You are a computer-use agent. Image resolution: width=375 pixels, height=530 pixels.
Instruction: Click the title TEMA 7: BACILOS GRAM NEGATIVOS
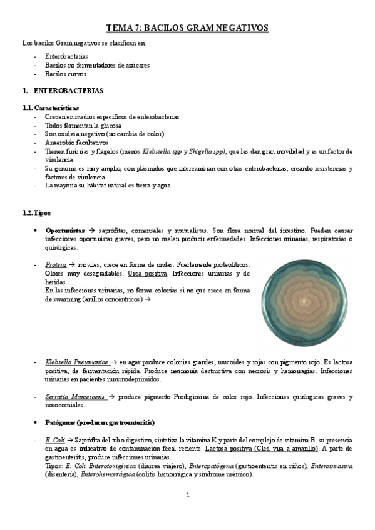187,28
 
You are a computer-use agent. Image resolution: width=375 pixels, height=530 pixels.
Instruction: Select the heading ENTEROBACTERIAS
69,91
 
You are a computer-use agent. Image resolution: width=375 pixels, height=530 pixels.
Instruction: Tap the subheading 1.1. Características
50,108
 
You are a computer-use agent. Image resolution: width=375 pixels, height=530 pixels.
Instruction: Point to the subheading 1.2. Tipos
36,213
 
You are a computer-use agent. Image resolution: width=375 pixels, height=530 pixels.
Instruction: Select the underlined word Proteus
56,265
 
